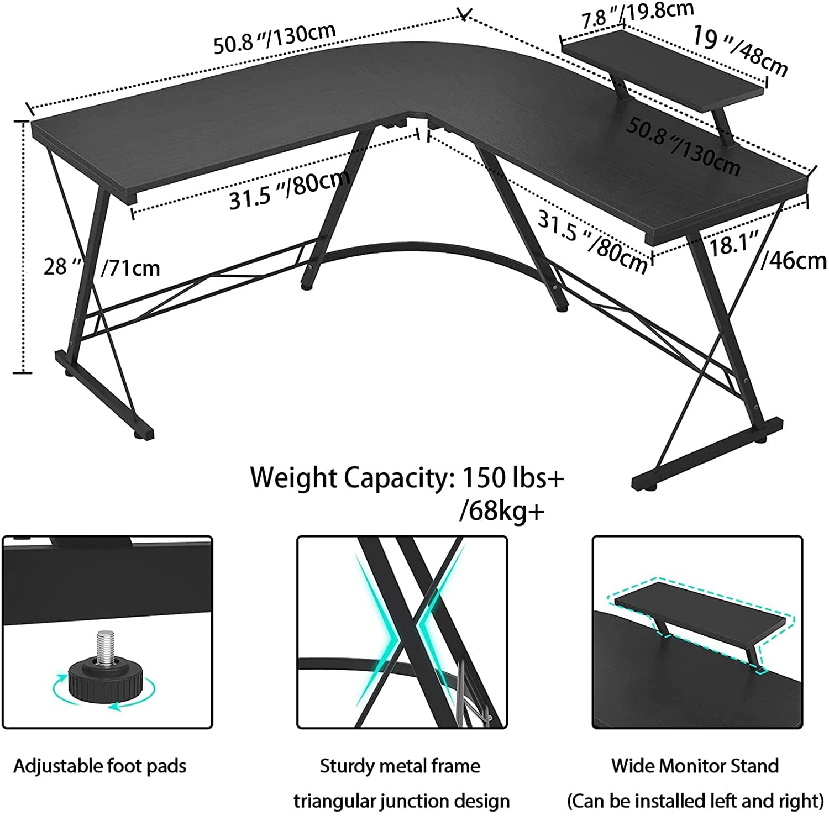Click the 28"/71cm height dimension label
102,267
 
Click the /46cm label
793,260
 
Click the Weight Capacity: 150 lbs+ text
407,477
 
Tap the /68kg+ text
502,511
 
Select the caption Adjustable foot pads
100,766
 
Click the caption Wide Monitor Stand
695,766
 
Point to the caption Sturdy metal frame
400,766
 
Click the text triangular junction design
402,800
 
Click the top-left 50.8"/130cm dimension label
275,39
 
